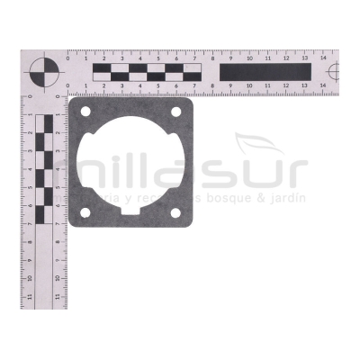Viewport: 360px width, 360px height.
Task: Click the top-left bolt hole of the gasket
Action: coord(85,112)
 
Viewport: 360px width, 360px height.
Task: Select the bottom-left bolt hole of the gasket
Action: coord(85,212)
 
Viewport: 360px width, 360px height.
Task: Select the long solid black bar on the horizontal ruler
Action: coord(265,71)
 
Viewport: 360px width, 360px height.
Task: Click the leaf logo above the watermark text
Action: coord(260,144)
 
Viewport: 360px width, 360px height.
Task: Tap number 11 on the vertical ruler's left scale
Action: coord(30,294)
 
